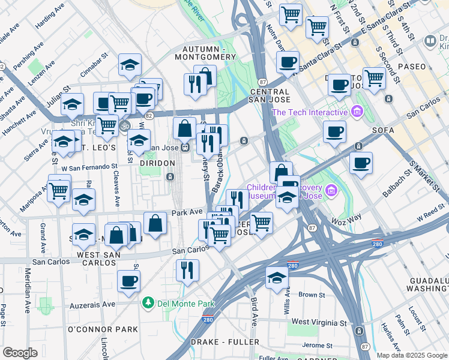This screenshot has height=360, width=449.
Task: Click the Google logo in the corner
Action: click(x=20, y=352)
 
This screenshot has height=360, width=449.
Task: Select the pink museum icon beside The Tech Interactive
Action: click(x=358, y=112)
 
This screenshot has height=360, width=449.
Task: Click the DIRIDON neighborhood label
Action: click(x=158, y=163)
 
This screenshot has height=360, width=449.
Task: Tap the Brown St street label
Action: click(x=312, y=295)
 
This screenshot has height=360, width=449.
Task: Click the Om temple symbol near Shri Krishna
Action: click(x=125, y=127)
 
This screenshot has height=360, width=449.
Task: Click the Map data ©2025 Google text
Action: click(x=412, y=355)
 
